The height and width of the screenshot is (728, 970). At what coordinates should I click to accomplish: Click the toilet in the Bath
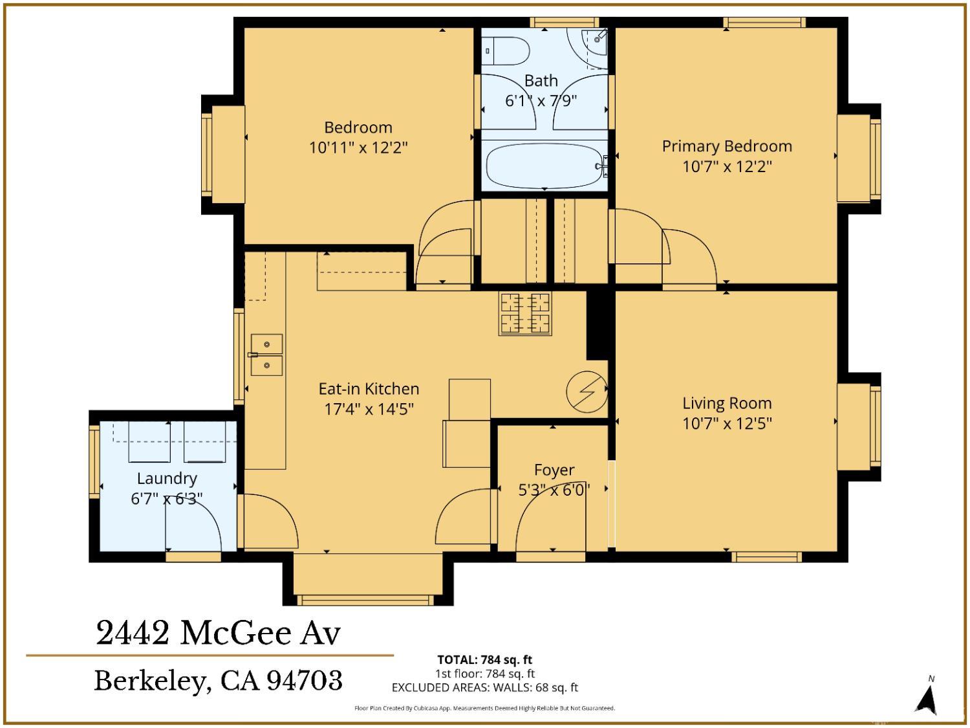pos(508,50)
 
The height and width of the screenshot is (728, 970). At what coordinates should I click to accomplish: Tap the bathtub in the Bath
pos(544,166)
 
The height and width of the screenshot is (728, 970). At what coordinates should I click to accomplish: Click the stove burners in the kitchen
pos(524,313)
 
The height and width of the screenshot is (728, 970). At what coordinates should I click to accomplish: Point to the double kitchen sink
pos(266,355)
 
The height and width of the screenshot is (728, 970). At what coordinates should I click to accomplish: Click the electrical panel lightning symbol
pos(587,391)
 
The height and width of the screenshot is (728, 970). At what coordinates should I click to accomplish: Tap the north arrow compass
pos(929,697)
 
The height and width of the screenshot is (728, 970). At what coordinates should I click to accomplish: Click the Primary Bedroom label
pos(727,146)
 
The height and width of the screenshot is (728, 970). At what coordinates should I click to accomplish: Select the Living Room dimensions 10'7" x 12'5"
pos(727,424)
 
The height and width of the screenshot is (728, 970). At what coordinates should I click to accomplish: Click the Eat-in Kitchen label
pos(369,389)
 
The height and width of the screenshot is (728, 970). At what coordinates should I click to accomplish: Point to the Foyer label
pos(554,470)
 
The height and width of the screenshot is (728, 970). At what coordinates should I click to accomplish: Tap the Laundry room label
pos(167,478)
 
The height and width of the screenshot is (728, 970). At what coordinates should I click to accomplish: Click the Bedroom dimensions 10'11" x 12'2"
pos(358,148)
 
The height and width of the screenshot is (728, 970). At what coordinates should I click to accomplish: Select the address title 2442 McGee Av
pos(218,633)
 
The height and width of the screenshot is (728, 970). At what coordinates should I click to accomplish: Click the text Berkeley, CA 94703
pos(218,681)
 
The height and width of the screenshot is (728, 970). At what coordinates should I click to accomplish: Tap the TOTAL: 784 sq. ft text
pos(484,659)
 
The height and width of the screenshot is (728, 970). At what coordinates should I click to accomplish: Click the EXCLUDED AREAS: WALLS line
pos(484,688)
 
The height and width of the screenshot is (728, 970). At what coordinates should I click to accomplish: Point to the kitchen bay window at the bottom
pos(365,599)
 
